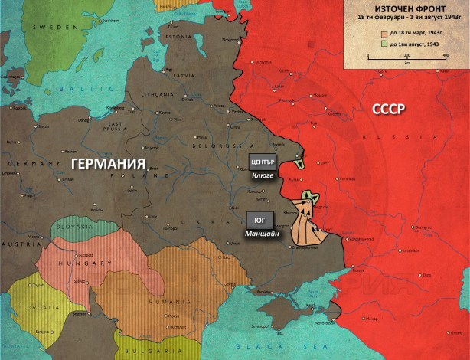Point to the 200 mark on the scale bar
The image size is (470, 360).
click(x=407, y=56)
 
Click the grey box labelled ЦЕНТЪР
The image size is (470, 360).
click(x=262, y=162)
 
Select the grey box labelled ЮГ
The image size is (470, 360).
click(x=259, y=219)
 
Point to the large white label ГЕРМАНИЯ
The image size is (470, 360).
click(x=108, y=164)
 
